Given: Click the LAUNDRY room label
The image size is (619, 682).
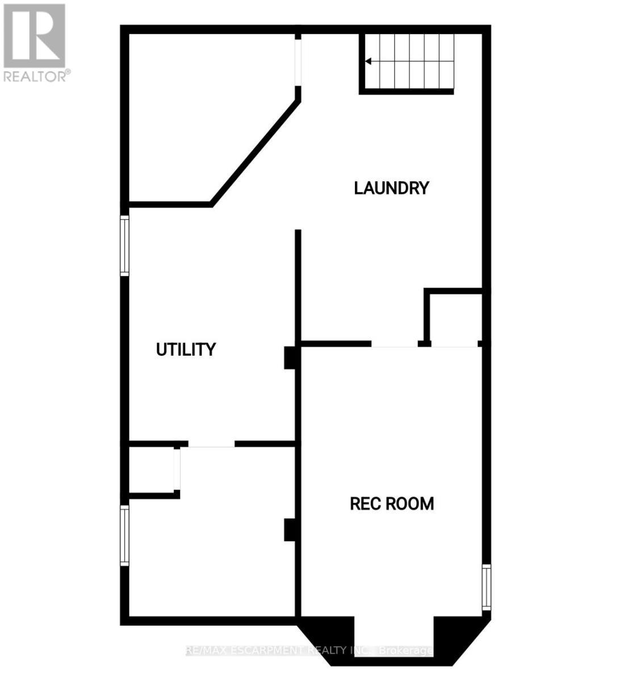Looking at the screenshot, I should [391, 188].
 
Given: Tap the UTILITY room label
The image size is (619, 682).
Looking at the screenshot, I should [186, 349].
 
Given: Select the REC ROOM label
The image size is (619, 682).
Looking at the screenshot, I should [392, 504].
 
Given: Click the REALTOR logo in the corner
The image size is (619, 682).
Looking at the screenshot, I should [34, 35].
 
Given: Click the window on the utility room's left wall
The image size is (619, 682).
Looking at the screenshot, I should [124, 246].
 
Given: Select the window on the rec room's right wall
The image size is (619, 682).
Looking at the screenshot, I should [486, 588].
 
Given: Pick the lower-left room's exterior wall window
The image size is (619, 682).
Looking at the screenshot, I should [124, 535].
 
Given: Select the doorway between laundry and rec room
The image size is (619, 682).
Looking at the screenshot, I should [395, 344].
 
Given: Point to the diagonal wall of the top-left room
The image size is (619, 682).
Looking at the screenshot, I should [256, 152].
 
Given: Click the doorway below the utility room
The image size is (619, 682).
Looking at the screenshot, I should [211, 444].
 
